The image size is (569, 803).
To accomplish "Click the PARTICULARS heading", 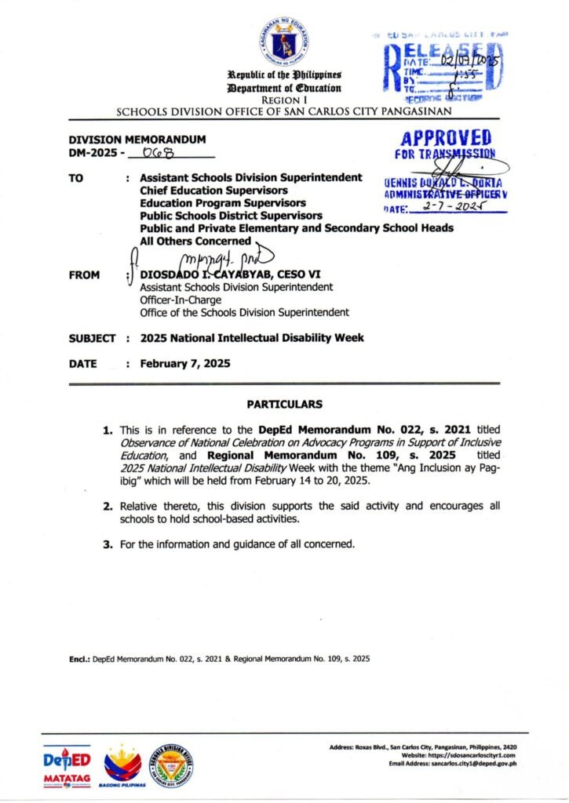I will point(284,405).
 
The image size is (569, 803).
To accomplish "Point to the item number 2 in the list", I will point(111,507).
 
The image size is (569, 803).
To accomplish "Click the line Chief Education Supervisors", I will point(213,190).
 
